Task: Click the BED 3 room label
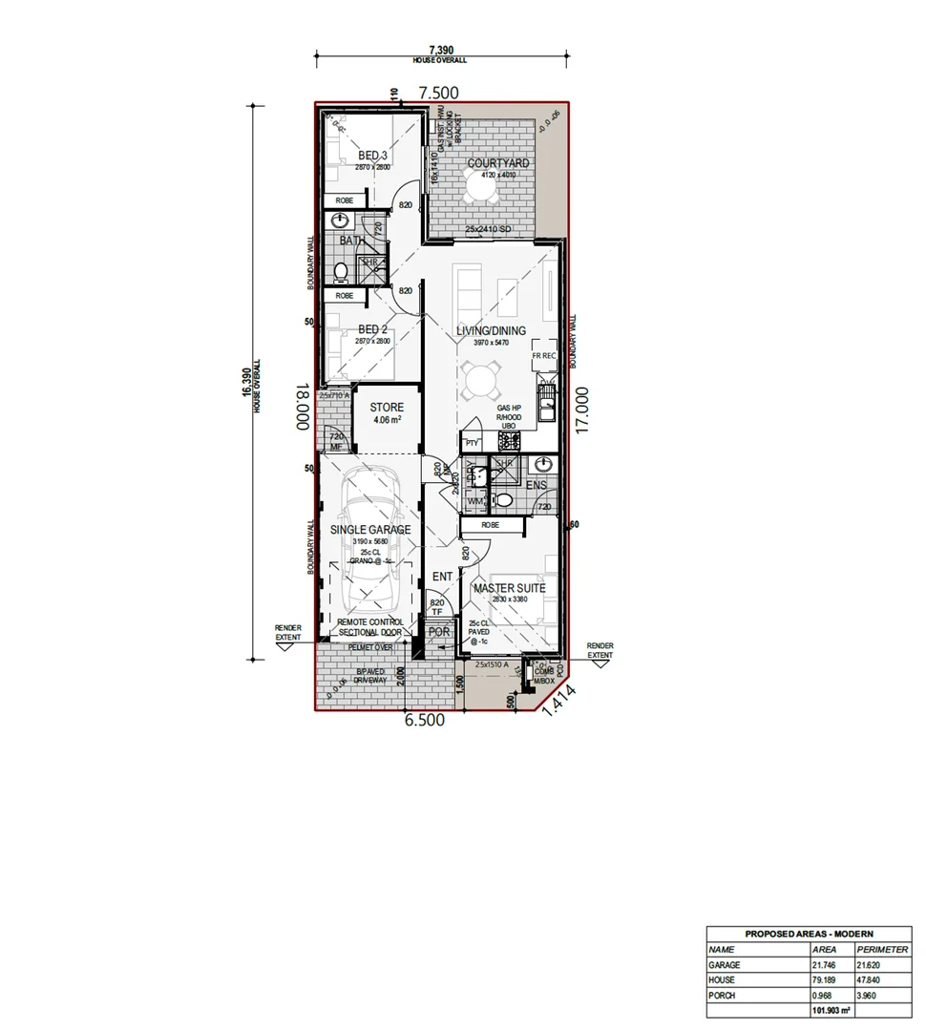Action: [372, 156]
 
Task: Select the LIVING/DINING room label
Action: [491, 331]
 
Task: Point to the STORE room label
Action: [387, 408]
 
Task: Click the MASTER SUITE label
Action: [510, 588]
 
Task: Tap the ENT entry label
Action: [442, 577]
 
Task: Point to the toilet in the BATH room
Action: [341, 271]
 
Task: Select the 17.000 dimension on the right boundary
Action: [583, 410]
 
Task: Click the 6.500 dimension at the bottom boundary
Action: [425, 721]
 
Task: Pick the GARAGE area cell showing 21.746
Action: [826, 965]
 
